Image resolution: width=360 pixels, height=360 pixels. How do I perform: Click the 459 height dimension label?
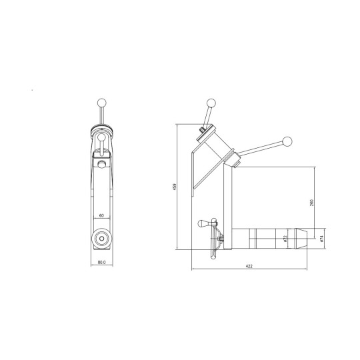(175, 187)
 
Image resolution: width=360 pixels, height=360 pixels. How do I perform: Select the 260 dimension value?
(312, 202)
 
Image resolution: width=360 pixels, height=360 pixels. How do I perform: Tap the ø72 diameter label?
(285, 238)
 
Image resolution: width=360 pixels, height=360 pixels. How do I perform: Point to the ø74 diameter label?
(321, 237)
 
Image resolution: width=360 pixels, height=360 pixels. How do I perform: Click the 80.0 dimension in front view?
(101, 261)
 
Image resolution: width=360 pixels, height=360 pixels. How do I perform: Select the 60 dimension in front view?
(101, 216)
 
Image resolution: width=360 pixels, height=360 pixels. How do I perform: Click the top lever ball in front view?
(101, 102)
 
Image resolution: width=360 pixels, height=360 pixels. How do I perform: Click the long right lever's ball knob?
(288, 141)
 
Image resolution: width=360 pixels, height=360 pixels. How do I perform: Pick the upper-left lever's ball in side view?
(212, 103)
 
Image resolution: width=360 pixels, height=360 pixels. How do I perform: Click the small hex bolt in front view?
(101, 164)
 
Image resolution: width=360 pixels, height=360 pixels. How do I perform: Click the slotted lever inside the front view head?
(101, 146)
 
